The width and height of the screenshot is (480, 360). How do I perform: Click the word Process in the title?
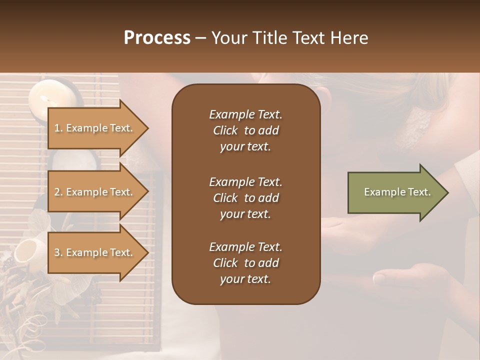point(157,38)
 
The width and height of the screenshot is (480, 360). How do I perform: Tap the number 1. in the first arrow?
point(58,128)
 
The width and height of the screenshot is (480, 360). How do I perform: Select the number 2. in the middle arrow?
point(58,192)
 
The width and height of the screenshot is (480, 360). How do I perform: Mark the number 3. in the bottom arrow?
point(58,252)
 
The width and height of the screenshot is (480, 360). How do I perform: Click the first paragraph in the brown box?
point(245,130)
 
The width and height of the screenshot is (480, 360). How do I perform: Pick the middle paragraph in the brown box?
point(245,198)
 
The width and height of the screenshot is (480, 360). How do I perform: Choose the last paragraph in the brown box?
point(245,263)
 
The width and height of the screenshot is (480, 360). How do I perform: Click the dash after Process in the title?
point(200,38)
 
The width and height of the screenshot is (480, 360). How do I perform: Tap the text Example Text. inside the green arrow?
point(397,192)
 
